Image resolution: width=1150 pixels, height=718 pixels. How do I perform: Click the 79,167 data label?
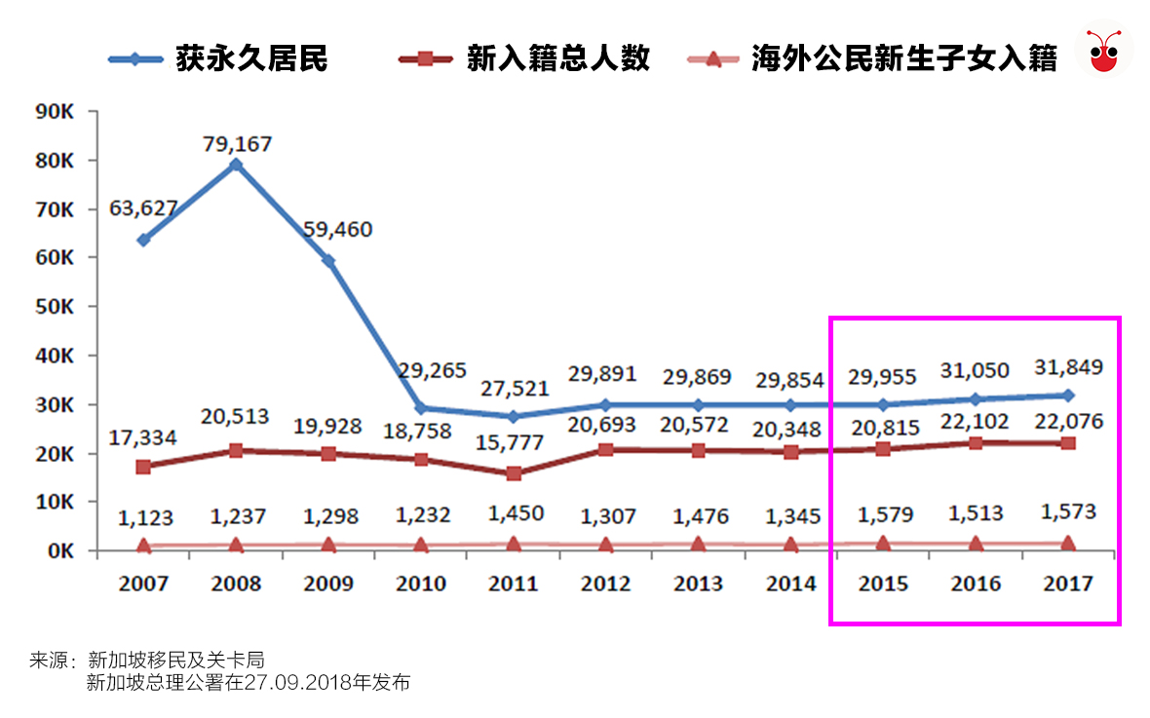237,144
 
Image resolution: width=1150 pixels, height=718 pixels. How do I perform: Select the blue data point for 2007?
143,240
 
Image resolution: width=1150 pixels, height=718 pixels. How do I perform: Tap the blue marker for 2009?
328,261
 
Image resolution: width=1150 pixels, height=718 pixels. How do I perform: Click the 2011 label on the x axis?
514,584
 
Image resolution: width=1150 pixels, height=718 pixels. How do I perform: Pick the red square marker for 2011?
514,473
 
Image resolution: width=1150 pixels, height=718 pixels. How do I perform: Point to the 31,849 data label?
1069,367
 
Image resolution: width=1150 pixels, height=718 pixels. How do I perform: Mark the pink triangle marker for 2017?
1068,544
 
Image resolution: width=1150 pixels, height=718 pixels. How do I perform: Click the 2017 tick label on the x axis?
1068,584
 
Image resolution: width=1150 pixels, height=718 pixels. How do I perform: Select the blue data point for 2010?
421,408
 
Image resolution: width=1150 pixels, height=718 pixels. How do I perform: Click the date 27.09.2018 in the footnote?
284,682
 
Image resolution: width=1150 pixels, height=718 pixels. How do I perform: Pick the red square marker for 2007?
143,467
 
